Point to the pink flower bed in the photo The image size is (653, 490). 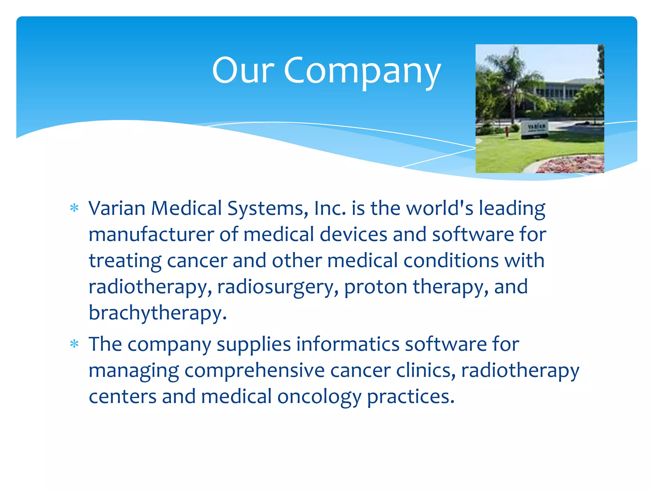pos(572,164)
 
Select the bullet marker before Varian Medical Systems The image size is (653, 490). pos(74,208)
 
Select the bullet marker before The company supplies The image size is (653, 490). pos(74,344)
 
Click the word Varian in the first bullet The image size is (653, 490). pos(117,208)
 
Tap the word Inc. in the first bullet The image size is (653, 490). pos(330,208)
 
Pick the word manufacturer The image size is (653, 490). pos(151,234)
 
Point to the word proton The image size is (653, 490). pos(376,287)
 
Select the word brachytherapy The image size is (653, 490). pos(158,313)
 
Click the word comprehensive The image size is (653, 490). pos(254,371)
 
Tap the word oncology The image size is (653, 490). pos(319,397)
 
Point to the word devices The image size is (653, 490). pos(353,234)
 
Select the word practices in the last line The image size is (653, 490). pos(410,397)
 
